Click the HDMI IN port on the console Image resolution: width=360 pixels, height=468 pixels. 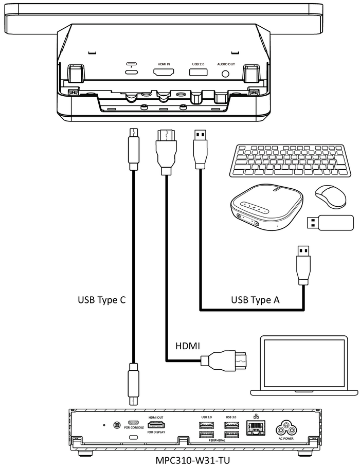coord(164,72)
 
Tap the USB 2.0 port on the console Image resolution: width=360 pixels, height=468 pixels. coord(198,72)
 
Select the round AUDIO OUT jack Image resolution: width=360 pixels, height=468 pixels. coord(226,73)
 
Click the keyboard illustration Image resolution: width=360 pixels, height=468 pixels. coord(290,161)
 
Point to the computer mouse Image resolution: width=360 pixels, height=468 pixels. coord(331,196)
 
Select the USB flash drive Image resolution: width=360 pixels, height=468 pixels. coord(330,223)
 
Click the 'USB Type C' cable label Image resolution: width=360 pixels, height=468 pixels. coord(102,300)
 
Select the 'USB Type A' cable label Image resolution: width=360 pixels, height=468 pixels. coord(255,300)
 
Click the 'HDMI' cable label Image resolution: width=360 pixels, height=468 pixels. coord(188,346)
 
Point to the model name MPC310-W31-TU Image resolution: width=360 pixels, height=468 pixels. coord(193,460)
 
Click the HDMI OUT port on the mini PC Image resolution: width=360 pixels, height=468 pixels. coord(156,425)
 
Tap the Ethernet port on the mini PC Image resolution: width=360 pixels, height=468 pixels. coord(256,428)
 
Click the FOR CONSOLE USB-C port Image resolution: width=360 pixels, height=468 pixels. coord(133,423)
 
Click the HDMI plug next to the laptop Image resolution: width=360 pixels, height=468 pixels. coord(224,361)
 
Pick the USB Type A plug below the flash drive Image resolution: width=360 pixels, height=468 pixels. coord(303,265)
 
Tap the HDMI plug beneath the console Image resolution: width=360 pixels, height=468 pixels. coord(166,152)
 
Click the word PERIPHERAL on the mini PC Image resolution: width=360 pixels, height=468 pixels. coord(217,440)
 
